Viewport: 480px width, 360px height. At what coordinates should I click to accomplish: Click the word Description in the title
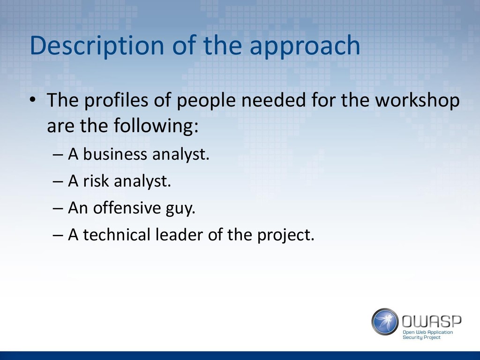97,46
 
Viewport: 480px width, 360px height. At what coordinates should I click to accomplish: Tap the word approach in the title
305,46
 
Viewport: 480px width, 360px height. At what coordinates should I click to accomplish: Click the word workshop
417,100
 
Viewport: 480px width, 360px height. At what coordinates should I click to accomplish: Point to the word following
156,126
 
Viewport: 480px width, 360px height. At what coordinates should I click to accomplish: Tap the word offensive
127,207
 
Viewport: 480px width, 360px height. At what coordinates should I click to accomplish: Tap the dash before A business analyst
58,155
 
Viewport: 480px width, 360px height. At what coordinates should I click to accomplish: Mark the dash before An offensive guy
58,208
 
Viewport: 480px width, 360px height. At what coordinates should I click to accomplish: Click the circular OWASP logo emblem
385,322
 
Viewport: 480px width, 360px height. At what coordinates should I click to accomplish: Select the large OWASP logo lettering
431,322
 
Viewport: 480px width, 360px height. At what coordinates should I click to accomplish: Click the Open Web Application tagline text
427,332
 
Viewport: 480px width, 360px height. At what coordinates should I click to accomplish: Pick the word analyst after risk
142,181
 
